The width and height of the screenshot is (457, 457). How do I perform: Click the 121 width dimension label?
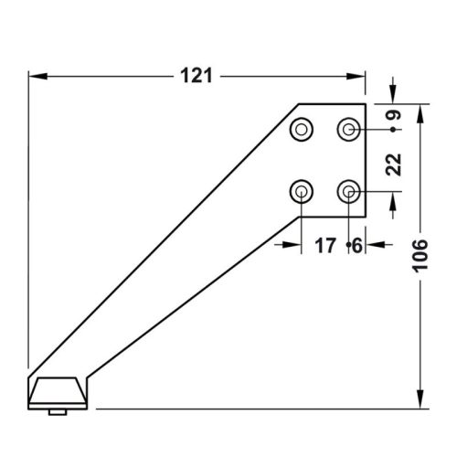(x=197, y=76)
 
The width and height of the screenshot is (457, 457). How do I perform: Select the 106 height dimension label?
(x=420, y=256)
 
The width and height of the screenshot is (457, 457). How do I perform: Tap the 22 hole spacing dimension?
(x=393, y=165)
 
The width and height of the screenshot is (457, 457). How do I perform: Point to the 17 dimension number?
(x=325, y=246)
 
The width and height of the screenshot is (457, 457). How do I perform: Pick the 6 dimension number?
(x=356, y=246)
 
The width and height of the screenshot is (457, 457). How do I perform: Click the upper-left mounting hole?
(x=302, y=130)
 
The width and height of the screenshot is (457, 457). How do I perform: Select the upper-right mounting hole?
(x=348, y=130)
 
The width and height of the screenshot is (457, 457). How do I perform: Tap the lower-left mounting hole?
(x=302, y=192)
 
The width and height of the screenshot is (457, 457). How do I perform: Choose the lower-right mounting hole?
(x=348, y=192)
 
